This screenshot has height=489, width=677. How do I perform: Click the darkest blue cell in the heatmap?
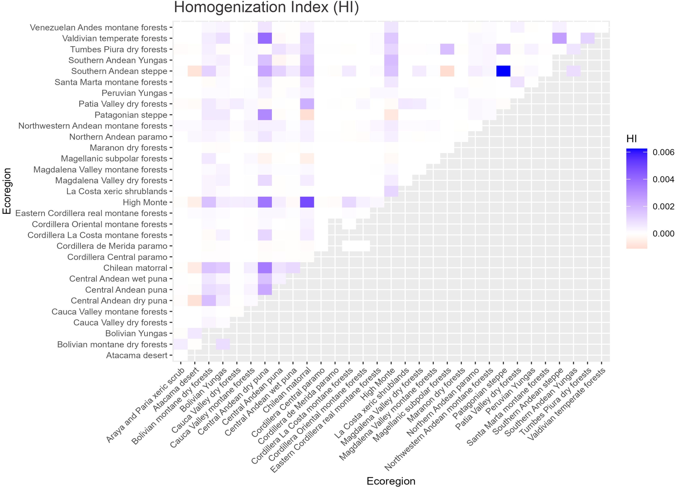click(x=503, y=71)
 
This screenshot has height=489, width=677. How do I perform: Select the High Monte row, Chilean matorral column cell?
click(x=307, y=202)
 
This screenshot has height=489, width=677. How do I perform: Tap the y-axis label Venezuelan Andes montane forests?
click(x=98, y=28)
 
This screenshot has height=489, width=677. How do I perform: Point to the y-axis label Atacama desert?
click(x=137, y=355)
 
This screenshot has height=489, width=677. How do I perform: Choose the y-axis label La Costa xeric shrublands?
click(x=117, y=191)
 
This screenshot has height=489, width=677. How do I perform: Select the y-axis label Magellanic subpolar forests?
click(x=114, y=159)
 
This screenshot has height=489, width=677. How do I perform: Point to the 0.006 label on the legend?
click(x=663, y=152)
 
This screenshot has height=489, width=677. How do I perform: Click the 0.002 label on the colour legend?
click(x=663, y=206)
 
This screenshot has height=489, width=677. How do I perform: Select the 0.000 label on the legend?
click(x=663, y=234)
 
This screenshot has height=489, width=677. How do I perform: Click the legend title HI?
click(x=632, y=139)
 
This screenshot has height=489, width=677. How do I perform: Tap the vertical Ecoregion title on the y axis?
click(x=6, y=191)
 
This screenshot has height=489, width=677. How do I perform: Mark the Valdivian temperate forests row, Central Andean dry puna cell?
click(x=265, y=38)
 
